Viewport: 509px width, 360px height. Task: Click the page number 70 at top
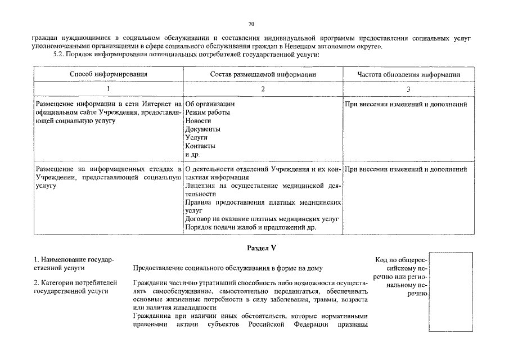251,24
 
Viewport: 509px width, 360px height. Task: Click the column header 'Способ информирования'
109,74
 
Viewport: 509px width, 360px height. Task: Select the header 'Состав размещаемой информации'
263,74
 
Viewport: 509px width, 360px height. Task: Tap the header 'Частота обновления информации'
409,74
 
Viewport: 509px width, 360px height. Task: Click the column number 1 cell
109,89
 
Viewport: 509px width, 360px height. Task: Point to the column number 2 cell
263,89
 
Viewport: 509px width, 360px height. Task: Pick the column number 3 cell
409,89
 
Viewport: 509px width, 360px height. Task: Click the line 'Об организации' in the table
210,104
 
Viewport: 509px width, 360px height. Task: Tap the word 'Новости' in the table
198,121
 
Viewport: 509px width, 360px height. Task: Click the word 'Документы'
202,129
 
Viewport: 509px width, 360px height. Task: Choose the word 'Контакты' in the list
200,146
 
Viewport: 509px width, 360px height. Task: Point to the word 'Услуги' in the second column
196,138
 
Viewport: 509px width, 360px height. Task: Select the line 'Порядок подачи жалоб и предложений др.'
250,228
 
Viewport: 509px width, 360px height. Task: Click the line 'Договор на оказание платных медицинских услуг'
262,219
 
